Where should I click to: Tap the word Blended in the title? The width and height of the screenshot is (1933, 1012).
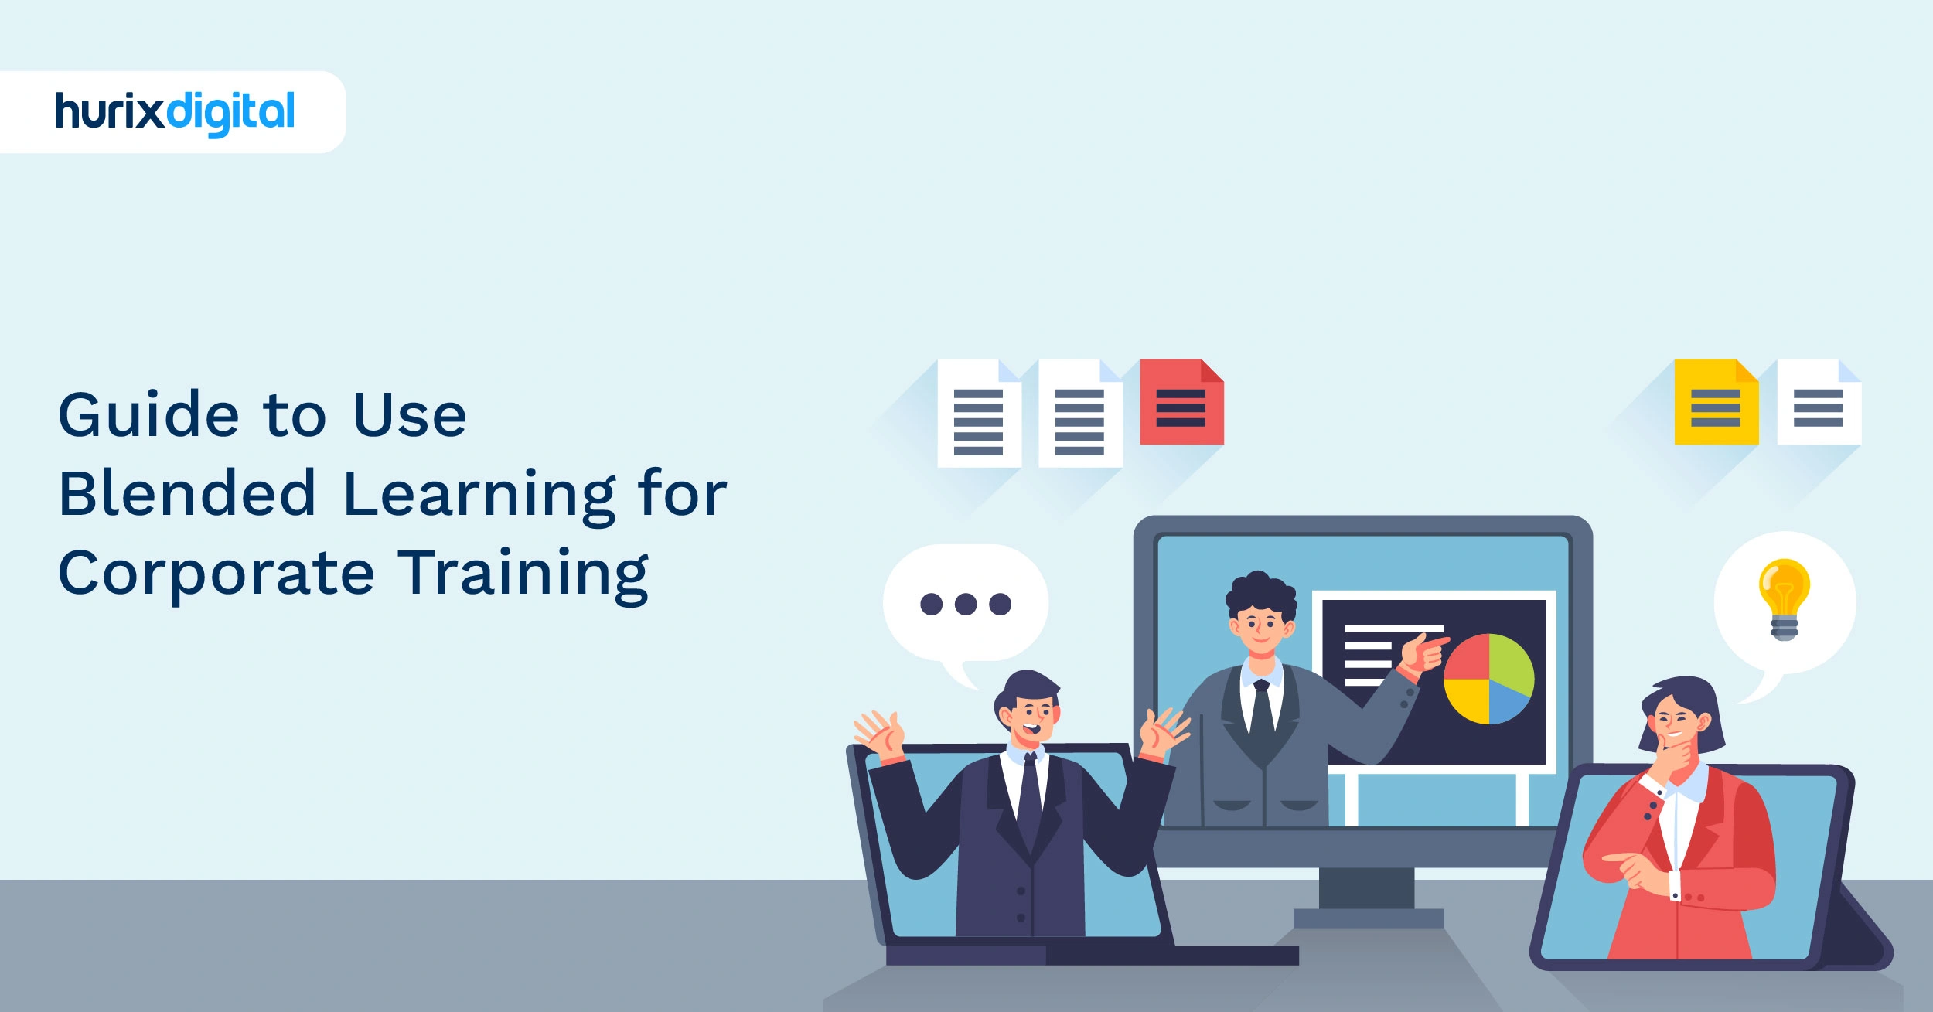(187, 494)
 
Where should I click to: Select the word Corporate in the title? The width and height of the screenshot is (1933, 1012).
(216, 574)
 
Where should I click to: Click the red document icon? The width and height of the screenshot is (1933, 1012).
(1181, 402)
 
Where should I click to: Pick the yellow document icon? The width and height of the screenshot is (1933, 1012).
(1716, 403)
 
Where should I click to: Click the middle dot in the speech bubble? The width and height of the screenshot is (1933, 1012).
(966, 604)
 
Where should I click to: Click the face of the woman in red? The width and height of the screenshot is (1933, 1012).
(1674, 726)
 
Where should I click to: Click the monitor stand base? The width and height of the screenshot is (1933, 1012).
(1368, 918)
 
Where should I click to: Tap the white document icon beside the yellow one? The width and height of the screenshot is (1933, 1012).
(1819, 403)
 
